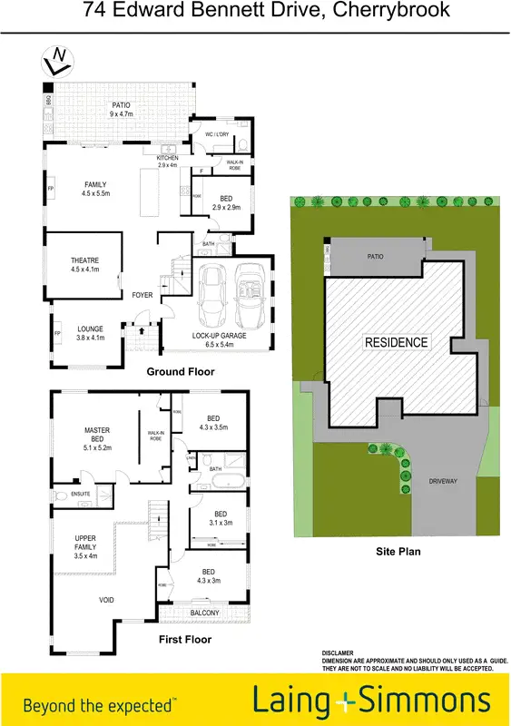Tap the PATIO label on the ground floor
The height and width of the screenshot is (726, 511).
click(x=121, y=110)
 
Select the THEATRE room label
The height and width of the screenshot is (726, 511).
click(x=84, y=265)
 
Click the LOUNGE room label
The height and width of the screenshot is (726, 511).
click(x=89, y=333)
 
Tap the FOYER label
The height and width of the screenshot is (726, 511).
click(x=142, y=295)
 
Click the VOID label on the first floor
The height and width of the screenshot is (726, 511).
click(x=106, y=600)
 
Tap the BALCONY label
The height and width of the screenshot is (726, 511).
click(x=205, y=613)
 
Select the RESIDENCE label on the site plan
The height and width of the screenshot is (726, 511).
click(x=396, y=342)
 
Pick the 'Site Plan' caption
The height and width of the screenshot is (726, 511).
click(x=397, y=551)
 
